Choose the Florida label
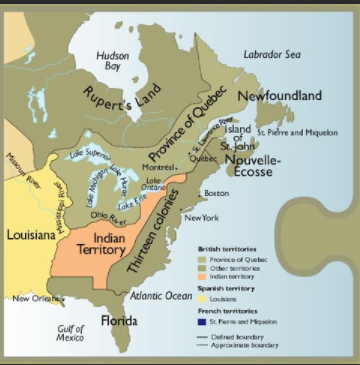[119, 320]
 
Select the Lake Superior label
[92, 154]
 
